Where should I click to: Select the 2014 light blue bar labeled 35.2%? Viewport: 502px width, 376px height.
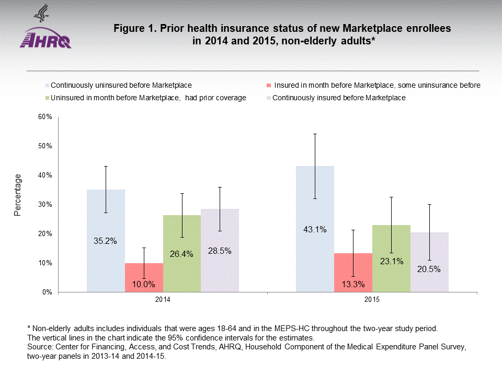coord(106,240)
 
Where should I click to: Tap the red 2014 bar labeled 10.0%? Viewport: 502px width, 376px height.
coord(144,278)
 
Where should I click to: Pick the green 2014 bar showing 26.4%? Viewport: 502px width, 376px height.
coord(181,253)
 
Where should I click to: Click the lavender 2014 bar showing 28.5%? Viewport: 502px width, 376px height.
coord(220,250)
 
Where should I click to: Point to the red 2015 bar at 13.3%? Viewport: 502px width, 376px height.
coord(353,273)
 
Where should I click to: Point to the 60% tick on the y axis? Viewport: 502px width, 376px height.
coord(45,117)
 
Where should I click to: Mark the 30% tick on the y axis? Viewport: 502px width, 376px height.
coord(45,205)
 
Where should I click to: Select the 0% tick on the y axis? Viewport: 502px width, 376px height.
coord(47,292)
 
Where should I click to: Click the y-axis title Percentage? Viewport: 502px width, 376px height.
coord(18,195)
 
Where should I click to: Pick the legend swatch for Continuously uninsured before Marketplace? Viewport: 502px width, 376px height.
coord(48,85)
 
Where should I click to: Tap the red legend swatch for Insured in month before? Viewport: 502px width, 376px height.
coord(269,85)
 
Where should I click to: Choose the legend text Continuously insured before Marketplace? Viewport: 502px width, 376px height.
coord(339,98)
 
